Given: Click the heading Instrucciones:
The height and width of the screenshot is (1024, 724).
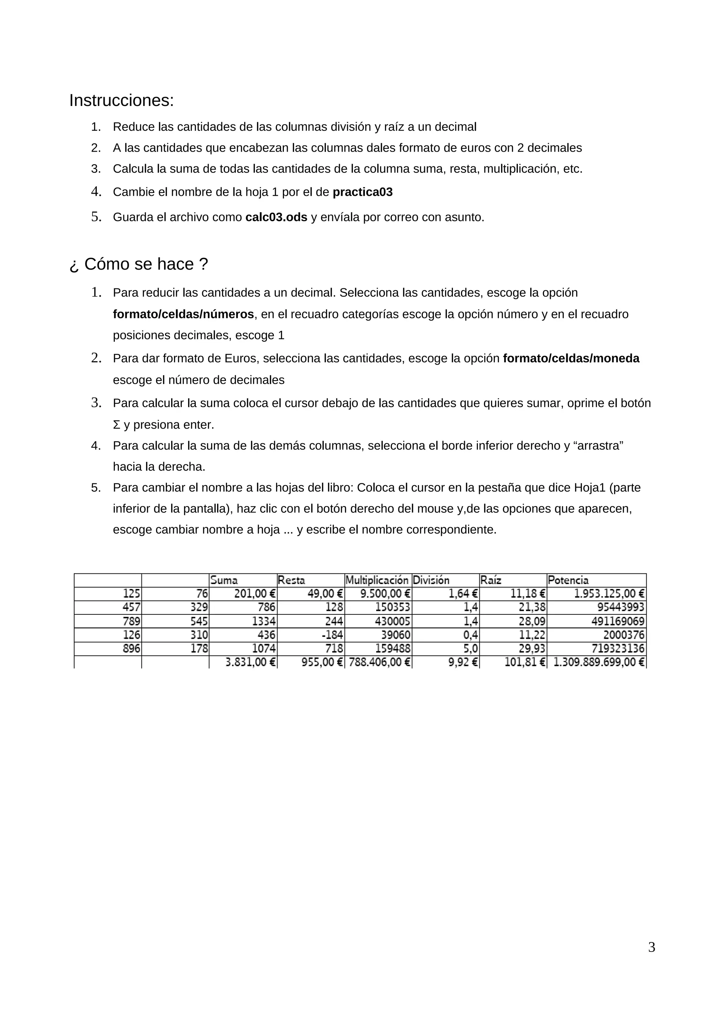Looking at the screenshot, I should click(x=121, y=100).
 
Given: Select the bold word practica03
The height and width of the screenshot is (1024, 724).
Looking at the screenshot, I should click(x=363, y=192).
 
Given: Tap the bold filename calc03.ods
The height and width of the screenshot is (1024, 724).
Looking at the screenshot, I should click(x=276, y=217).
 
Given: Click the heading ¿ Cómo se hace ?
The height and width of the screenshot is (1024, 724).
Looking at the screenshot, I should click(x=139, y=264).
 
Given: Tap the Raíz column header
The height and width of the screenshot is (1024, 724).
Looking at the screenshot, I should click(x=491, y=580).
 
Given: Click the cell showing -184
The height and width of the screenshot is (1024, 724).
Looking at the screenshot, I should click(x=332, y=635).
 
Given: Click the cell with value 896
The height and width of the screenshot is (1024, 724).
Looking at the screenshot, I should click(x=132, y=648).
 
